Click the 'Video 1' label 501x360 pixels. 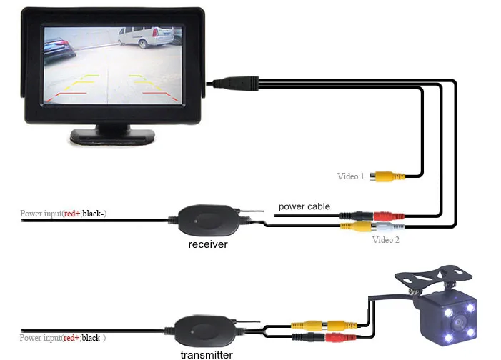coord(351,176)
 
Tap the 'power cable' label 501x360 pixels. coord(304,207)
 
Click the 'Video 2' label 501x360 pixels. coord(386,240)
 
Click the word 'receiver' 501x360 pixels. coord(208,245)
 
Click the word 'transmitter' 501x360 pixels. coord(206,354)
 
